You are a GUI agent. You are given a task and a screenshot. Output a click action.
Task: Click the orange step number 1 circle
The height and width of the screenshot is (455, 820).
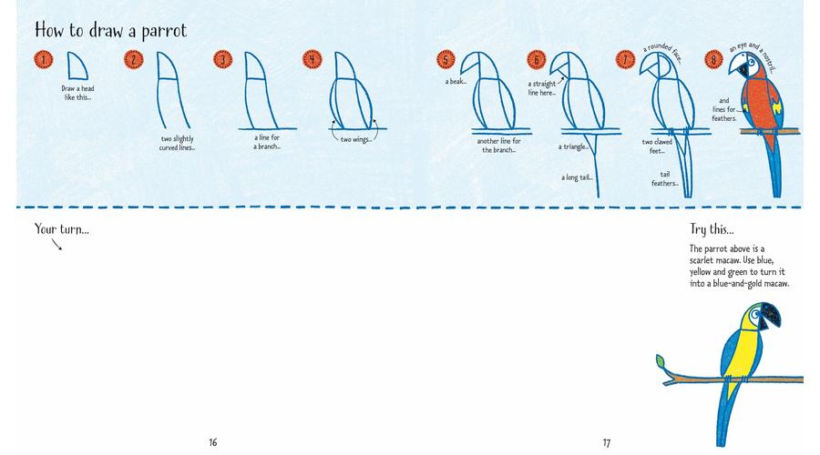tap(44, 59)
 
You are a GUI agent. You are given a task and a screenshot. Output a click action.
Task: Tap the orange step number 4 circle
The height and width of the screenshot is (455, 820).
tap(313, 59)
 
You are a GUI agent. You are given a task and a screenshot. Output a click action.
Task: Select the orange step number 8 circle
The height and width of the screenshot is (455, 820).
tap(713, 59)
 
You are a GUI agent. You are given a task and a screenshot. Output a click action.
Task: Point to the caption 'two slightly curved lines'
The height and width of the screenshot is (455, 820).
tap(178, 143)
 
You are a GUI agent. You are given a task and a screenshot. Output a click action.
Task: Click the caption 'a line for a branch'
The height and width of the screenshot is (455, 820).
tap(267, 142)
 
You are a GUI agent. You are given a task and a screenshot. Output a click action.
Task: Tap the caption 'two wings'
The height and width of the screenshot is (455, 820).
tap(355, 139)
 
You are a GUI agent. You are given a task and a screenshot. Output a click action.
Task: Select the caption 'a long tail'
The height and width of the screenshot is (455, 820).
tap(577, 177)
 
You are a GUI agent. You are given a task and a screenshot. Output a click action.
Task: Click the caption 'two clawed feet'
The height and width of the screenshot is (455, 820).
tap(657, 147)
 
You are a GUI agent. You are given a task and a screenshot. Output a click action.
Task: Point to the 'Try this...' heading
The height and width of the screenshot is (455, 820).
tap(712, 229)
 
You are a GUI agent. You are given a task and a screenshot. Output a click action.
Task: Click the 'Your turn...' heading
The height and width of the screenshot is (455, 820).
tap(62, 228)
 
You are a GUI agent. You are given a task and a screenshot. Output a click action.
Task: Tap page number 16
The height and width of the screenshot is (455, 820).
tap(213, 442)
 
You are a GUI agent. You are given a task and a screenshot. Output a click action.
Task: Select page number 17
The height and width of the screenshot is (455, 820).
tap(606, 443)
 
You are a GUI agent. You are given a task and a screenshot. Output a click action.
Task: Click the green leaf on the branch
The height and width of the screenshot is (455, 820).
tap(661, 360)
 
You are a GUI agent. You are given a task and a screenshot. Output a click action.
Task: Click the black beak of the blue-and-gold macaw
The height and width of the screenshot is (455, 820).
tap(772, 316)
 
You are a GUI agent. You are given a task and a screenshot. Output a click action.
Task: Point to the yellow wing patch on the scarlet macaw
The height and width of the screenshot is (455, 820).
tap(777, 108)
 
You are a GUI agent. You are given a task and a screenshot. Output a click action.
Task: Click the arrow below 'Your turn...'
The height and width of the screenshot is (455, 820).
tap(57, 245)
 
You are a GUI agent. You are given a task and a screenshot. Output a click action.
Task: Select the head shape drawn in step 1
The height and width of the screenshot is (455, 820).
tap(77, 66)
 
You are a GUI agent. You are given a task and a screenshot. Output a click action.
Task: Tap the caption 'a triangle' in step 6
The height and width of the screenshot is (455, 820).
tap(573, 147)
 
